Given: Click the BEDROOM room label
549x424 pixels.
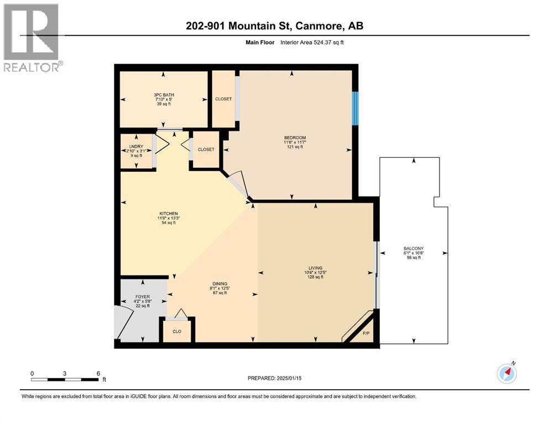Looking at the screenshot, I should coord(295,137).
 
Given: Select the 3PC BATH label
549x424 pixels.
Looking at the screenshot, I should coord(164,95).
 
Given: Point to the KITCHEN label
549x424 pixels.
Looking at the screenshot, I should coord(168,213).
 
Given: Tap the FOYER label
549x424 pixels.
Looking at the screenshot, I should coord(143,297).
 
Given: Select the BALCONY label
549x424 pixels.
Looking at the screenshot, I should coord(414,248).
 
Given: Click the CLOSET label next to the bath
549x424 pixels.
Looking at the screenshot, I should coord(223,99).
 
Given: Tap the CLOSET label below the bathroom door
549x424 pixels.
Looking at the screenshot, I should coord(206,149).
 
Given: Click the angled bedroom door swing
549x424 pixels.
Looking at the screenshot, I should coord(238,183).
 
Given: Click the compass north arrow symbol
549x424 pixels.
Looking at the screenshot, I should coord(506,373).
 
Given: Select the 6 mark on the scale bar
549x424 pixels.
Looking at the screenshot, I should coord(98,373).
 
